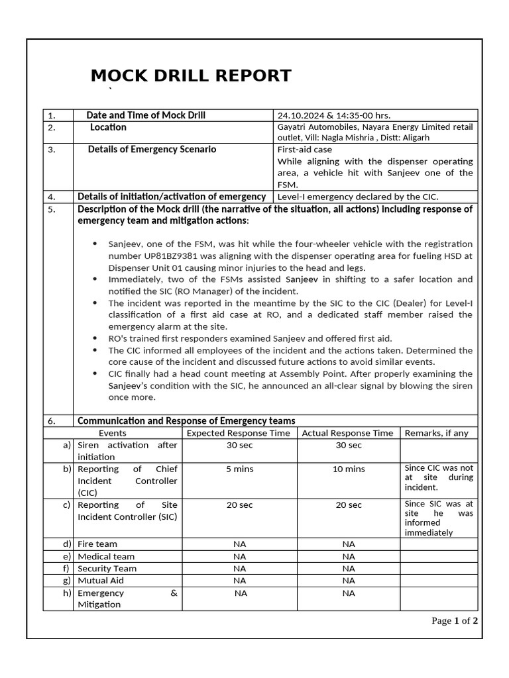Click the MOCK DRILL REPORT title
[191, 75]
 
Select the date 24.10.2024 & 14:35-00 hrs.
[338, 115]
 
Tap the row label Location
[108, 127]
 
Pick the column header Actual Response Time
[348, 433]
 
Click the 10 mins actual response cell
[348, 469]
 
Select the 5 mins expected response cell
[239, 469]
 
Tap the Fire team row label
[97, 544]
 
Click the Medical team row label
[106, 556]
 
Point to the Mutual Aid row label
[101, 580]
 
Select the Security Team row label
[107, 568]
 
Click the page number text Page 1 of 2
[455, 620]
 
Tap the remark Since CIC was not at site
[439, 477]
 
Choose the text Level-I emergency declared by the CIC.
[358, 197]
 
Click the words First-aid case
[305, 150]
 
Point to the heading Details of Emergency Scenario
[152, 150]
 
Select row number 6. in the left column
[52, 421]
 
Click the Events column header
[112, 433]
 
